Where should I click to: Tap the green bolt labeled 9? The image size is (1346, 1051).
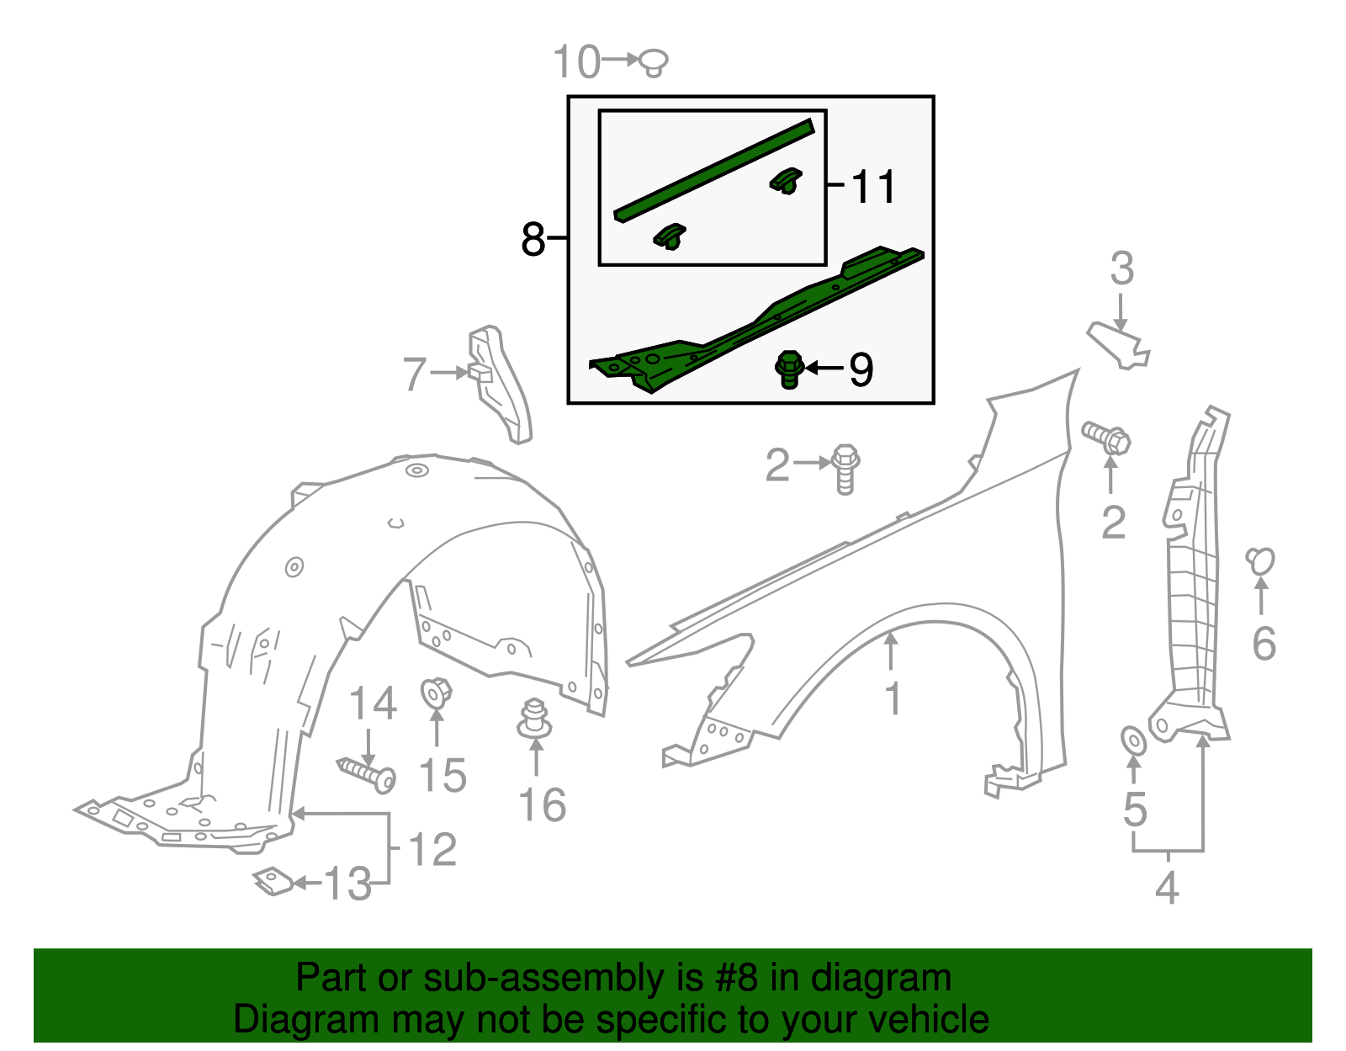point(788,369)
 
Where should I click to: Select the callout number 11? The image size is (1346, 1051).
point(874,186)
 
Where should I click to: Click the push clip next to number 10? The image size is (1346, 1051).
point(654,62)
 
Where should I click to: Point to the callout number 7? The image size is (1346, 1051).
point(415,374)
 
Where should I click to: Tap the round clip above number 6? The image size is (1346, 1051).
point(1260,561)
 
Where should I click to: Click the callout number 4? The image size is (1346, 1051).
point(1167,887)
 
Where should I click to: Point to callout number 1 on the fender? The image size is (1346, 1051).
point(893,699)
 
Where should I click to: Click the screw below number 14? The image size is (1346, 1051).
point(368,772)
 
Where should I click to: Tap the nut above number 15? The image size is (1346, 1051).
point(436,693)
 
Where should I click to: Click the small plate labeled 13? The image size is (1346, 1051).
point(273,880)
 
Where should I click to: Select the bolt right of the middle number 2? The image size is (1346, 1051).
point(845,468)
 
